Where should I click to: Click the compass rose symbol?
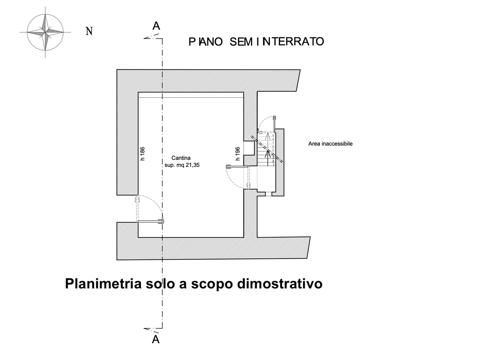(45, 32)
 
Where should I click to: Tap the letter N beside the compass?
(89, 31)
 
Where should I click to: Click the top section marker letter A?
(156, 26)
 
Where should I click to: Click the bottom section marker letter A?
(156, 339)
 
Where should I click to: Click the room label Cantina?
(181, 158)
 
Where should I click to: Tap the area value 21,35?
(193, 165)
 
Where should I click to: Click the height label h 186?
(143, 154)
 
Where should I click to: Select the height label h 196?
(238, 154)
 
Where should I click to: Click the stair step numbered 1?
(274, 164)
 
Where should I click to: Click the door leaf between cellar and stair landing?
(237, 166)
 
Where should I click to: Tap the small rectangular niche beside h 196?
(249, 147)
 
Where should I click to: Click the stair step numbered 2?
(273, 161)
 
